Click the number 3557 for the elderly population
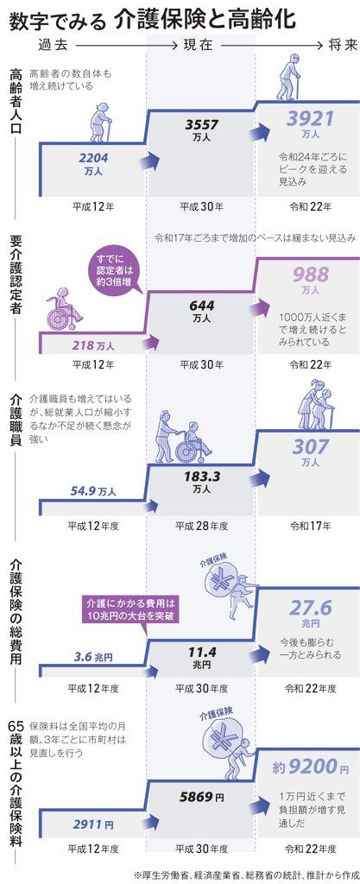tap(202, 124)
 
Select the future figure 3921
tap(310, 118)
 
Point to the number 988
tap(311, 275)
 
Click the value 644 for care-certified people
tap(201, 306)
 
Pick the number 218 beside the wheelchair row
tap(84, 344)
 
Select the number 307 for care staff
tap(310, 447)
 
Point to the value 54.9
tap(82, 490)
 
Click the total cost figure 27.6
tap(311, 609)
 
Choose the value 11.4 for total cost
tap(202, 652)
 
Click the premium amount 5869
tap(197, 797)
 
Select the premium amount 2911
tap(88, 824)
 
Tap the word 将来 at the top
tap(343, 46)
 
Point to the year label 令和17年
tap(311, 526)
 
